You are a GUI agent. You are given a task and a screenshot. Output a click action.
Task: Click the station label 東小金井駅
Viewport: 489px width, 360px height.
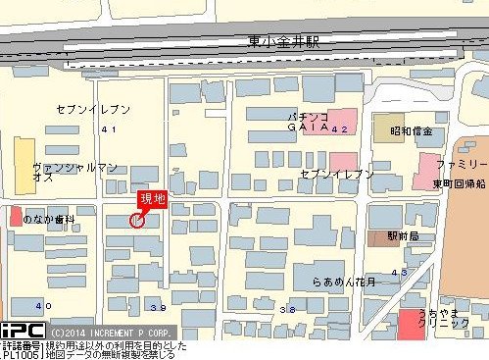284,42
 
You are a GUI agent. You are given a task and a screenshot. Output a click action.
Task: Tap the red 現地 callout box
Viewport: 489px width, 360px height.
152,199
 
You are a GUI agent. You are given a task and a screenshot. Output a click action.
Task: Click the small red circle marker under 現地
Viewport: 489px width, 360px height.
137,221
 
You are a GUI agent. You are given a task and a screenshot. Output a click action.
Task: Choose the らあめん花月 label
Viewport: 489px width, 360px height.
343,281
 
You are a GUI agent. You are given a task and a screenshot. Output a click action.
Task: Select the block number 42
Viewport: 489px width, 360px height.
340,129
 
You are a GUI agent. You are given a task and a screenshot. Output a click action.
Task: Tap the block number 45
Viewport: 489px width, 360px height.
399,272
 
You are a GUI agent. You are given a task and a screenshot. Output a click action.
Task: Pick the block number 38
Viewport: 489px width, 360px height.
287,309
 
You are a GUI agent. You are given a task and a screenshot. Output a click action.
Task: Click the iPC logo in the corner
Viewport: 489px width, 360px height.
22,332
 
